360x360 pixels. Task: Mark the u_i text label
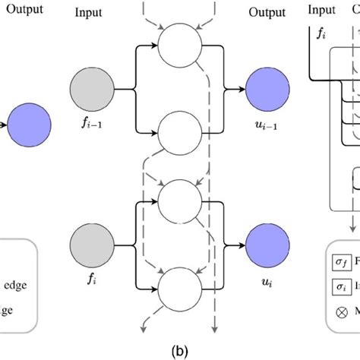coord(266,291)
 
